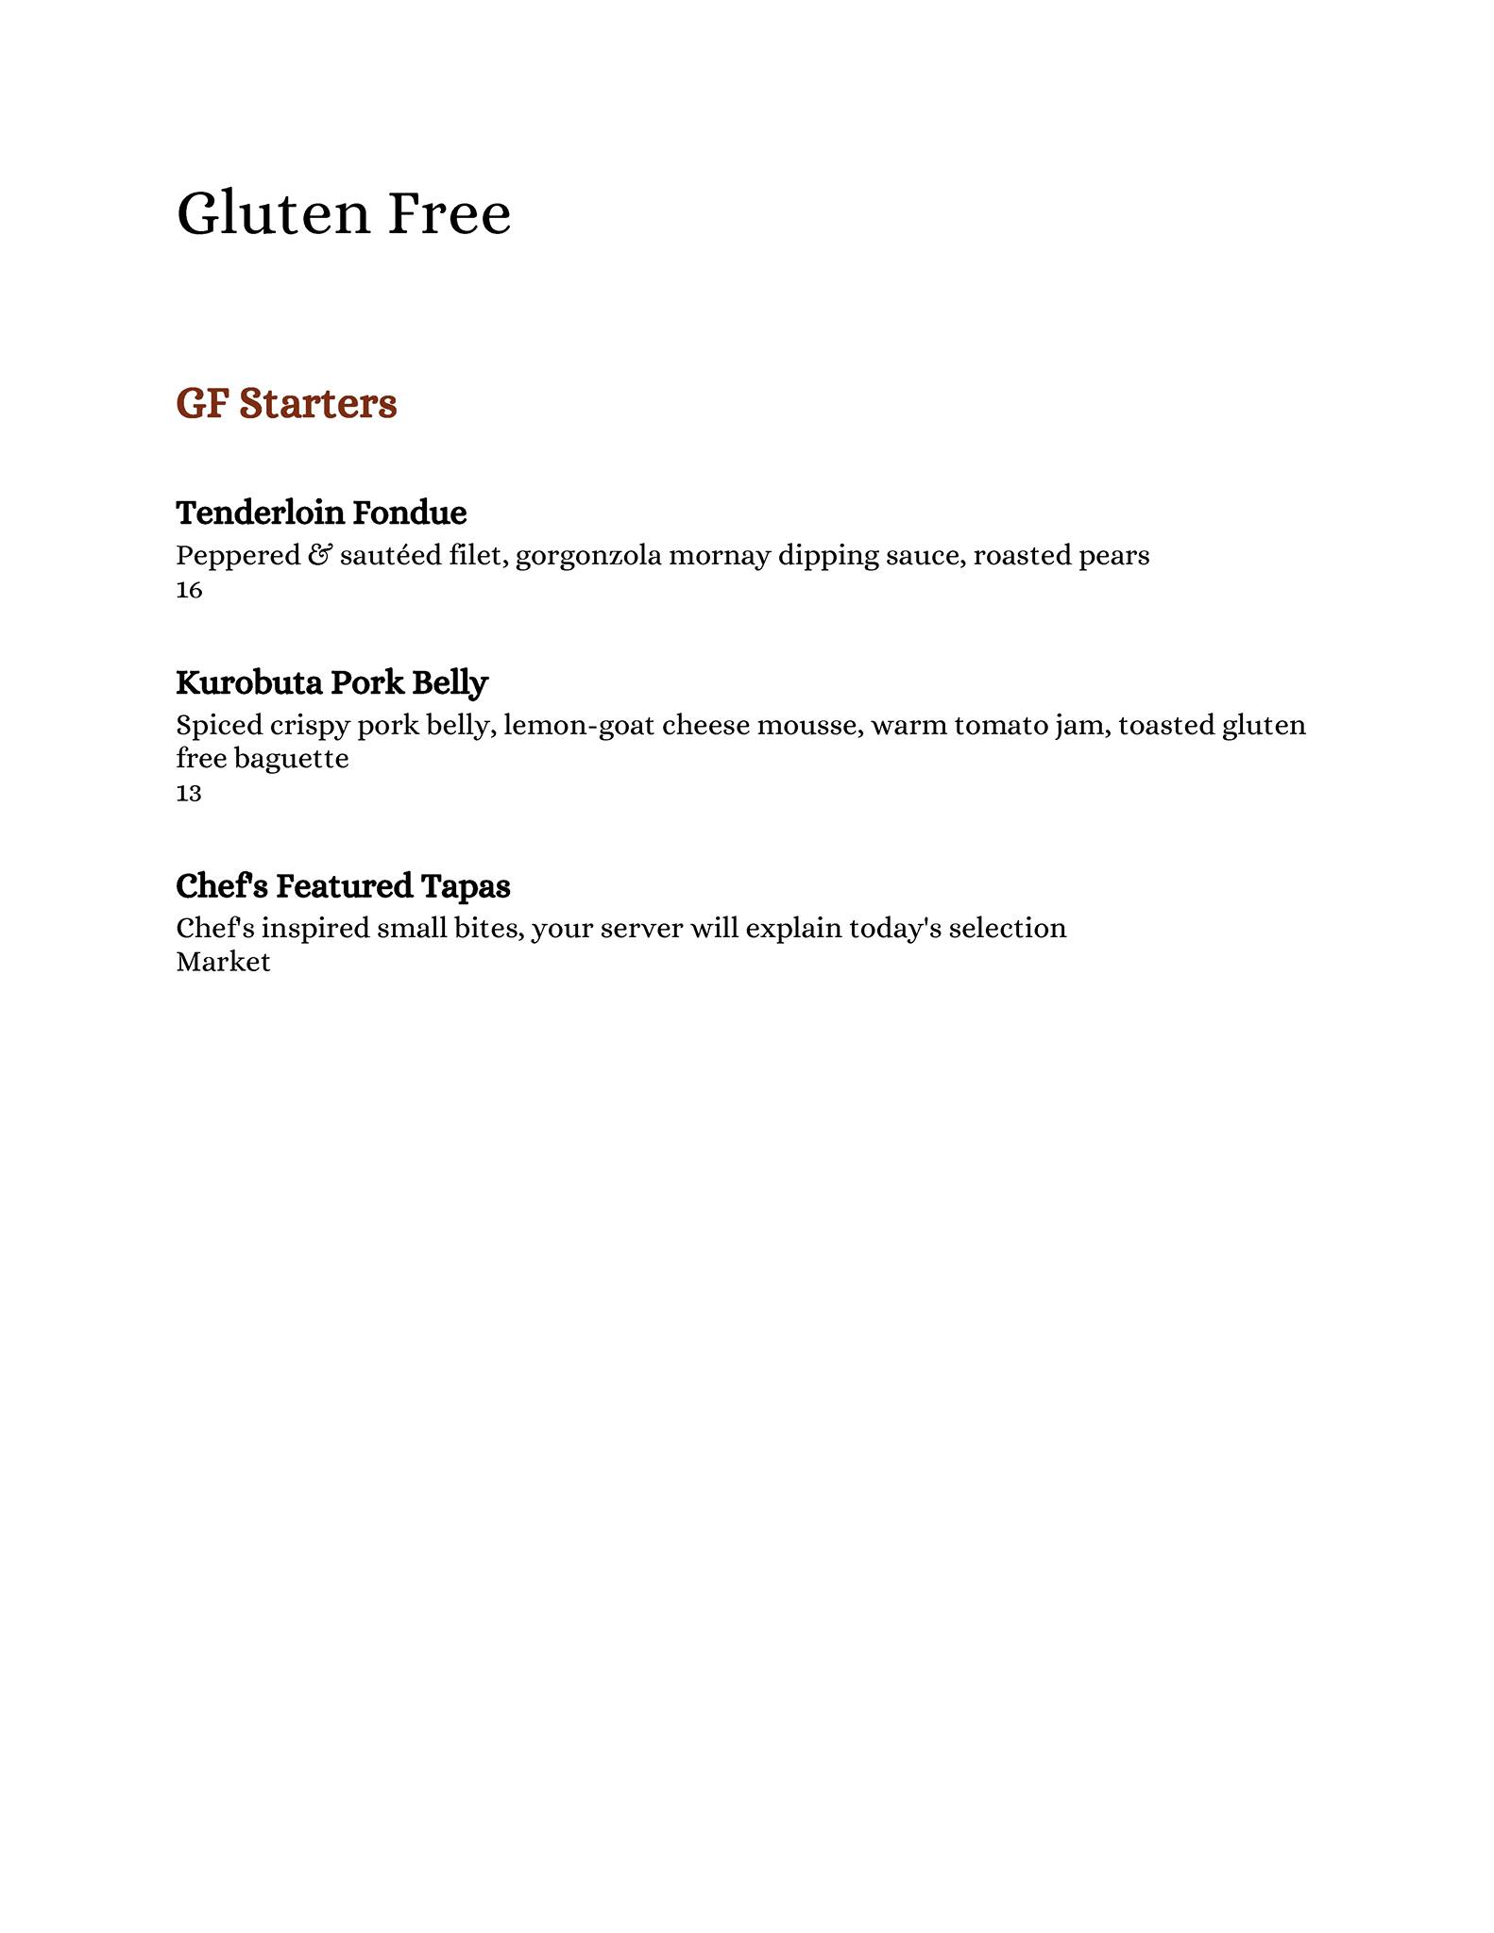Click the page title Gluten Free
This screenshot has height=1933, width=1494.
pos(344,213)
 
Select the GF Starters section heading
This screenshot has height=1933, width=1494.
pos(286,403)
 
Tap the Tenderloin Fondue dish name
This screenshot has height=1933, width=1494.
pos(321,513)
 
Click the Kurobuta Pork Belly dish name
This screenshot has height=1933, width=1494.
pos(331,681)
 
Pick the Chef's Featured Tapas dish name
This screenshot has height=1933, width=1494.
pos(343,885)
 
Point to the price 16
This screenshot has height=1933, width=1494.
pos(189,591)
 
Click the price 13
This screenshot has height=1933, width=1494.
pos(189,794)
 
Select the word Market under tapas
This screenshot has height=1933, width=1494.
pos(223,963)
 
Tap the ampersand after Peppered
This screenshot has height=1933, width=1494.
pos(319,555)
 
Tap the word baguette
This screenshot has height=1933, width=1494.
pos(291,759)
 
